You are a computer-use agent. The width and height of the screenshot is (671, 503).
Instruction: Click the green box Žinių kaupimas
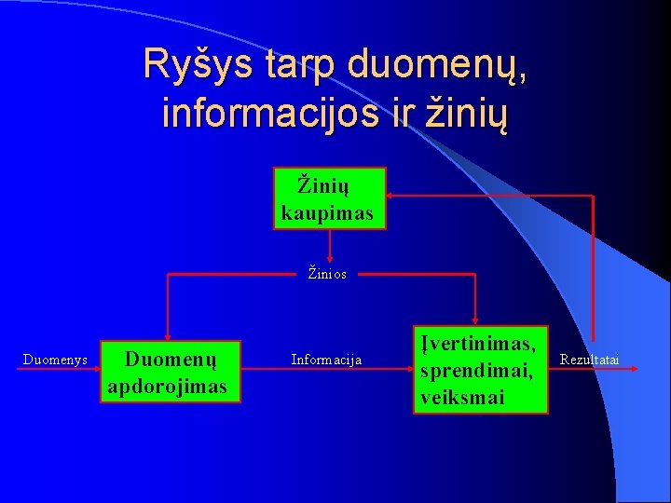tap(329, 197)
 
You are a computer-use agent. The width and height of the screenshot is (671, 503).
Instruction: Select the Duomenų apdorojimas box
tap(171, 372)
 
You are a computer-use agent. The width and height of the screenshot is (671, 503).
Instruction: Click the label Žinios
tap(328, 275)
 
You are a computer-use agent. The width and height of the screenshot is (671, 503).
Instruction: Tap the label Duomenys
tap(55, 360)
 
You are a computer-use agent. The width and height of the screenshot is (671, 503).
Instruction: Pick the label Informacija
tap(327, 360)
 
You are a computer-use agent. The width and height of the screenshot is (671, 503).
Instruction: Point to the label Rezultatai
tap(589, 360)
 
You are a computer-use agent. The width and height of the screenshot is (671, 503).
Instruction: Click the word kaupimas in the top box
tap(327, 213)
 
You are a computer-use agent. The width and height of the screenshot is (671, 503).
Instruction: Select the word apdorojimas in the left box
tap(168, 386)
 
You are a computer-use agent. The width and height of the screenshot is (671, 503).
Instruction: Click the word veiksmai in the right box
tap(462, 397)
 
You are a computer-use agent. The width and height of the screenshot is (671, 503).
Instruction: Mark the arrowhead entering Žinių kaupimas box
tap(392, 196)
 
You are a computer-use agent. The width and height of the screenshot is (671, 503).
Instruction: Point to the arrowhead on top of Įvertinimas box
tap(476, 319)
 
